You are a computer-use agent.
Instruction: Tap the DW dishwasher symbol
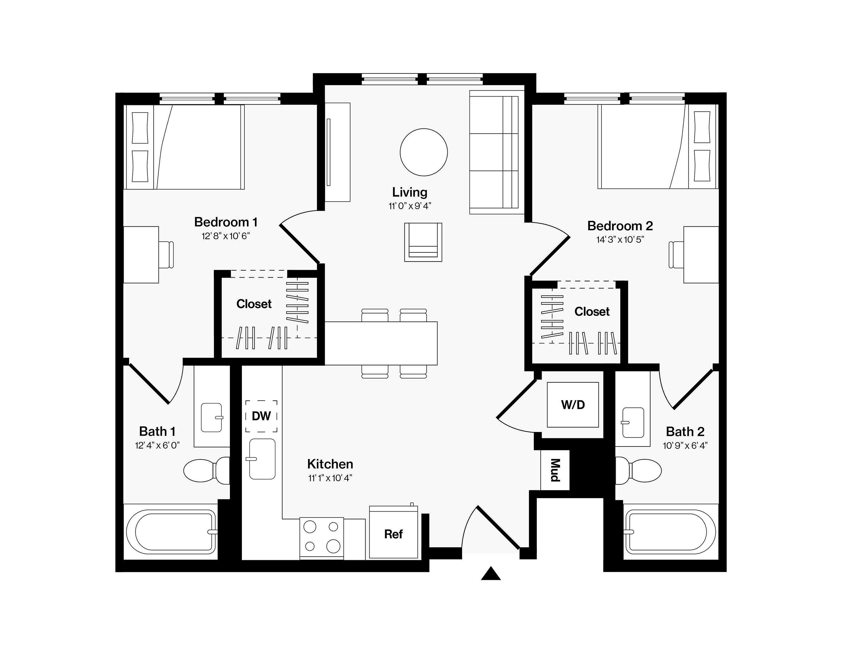click(x=261, y=416)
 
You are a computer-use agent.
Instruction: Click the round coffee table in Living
click(x=424, y=152)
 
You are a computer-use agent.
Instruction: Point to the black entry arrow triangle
click(x=491, y=573)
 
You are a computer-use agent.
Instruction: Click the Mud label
click(x=555, y=470)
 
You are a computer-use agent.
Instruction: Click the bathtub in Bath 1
click(x=171, y=532)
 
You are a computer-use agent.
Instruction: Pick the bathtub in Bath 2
click(x=671, y=532)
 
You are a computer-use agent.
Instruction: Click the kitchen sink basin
click(x=262, y=459)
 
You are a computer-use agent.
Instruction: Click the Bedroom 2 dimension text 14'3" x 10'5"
click(x=620, y=240)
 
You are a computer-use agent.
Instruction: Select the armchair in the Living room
click(x=423, y=242)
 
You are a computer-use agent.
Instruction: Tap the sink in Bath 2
click(x=633, y=422)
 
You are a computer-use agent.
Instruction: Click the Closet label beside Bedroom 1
click(x=254, y=304)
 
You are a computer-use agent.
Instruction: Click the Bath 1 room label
click(x=157, y=431)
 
